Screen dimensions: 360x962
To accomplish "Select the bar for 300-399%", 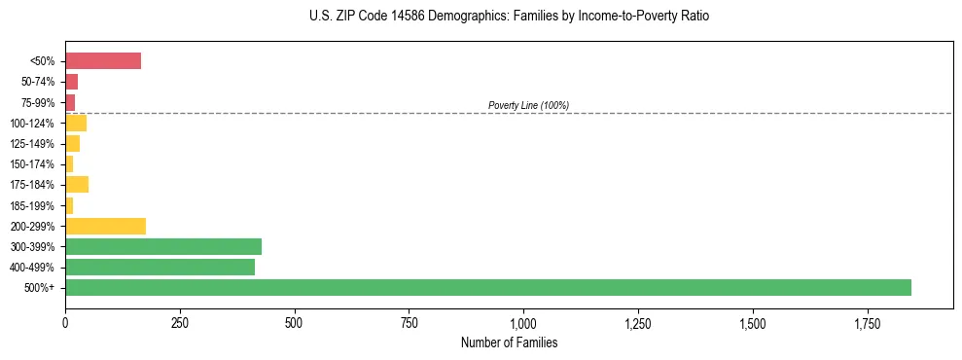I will pyautogui.click(x=163, y=246).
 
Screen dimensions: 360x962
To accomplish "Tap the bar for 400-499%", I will pyautogui.click(x=160, y=267).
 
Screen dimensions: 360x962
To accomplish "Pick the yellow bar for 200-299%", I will pyautogui.click(x=105, y=226).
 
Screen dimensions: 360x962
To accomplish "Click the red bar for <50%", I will pyautogui.click(x=103, y=61).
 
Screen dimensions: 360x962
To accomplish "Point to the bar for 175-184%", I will pyautogui.click(x=77, y=185).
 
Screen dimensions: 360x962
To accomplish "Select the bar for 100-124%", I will pyautogui.click(x=76, y=123).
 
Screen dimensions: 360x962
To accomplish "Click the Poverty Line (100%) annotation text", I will pyautogui.click(x=528, y=105).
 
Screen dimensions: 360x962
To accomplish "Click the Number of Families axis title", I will pyautogui.click(x=509, y=342).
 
